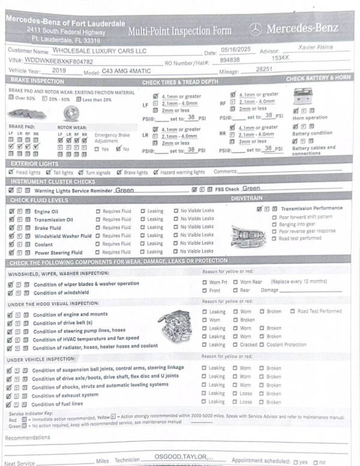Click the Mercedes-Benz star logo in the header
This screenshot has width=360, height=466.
(256, 28)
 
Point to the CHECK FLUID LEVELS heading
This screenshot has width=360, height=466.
(38, 200)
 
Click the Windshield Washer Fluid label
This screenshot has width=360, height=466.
(62, 236)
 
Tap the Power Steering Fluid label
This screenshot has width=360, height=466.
(58, 252)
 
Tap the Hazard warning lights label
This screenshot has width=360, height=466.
(182, 172)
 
